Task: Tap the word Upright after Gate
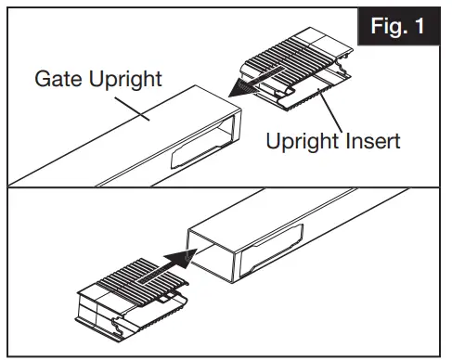point(123,78)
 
